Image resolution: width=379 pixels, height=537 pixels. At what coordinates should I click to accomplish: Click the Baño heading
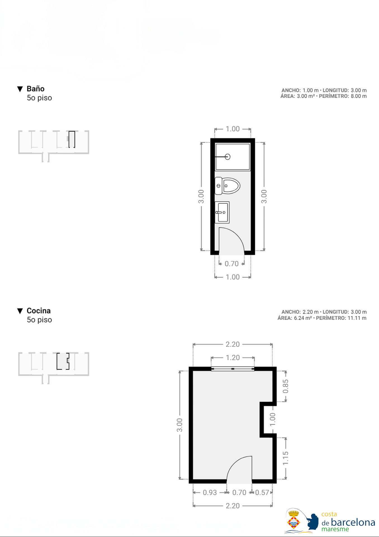(x=35, y=89)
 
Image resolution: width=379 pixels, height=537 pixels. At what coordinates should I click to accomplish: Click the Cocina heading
(x=39, y=311)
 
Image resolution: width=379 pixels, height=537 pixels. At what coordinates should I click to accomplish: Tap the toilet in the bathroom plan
(x=227, y=186)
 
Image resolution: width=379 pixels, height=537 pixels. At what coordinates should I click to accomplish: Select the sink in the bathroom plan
(x=222, y=212)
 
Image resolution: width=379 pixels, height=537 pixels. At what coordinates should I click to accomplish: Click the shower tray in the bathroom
(x=233, y=157)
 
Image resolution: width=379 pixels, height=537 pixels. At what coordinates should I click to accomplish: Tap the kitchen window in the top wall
(x=233, y=369)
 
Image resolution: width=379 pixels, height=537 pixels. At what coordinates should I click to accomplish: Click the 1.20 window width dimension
(x=233, y=357)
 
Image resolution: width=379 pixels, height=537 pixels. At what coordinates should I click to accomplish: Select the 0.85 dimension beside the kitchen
(x=285, y=386)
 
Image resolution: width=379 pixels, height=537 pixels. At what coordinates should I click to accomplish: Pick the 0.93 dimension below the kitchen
(x=210, y=493)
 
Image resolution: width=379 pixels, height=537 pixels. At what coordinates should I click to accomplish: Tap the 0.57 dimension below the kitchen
(x=262, y=493)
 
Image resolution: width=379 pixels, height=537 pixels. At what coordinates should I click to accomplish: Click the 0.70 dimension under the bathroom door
(x=231, y=264)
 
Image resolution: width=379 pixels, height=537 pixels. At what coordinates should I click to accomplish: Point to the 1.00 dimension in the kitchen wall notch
(x=273, y=420)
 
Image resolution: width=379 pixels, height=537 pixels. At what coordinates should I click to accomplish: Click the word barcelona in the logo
(x=353, y=522)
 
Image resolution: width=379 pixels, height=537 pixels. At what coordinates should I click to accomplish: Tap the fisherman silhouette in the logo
(x=312, y=522)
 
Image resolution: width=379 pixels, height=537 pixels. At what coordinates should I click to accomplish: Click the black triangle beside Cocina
(x=20, y=311)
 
